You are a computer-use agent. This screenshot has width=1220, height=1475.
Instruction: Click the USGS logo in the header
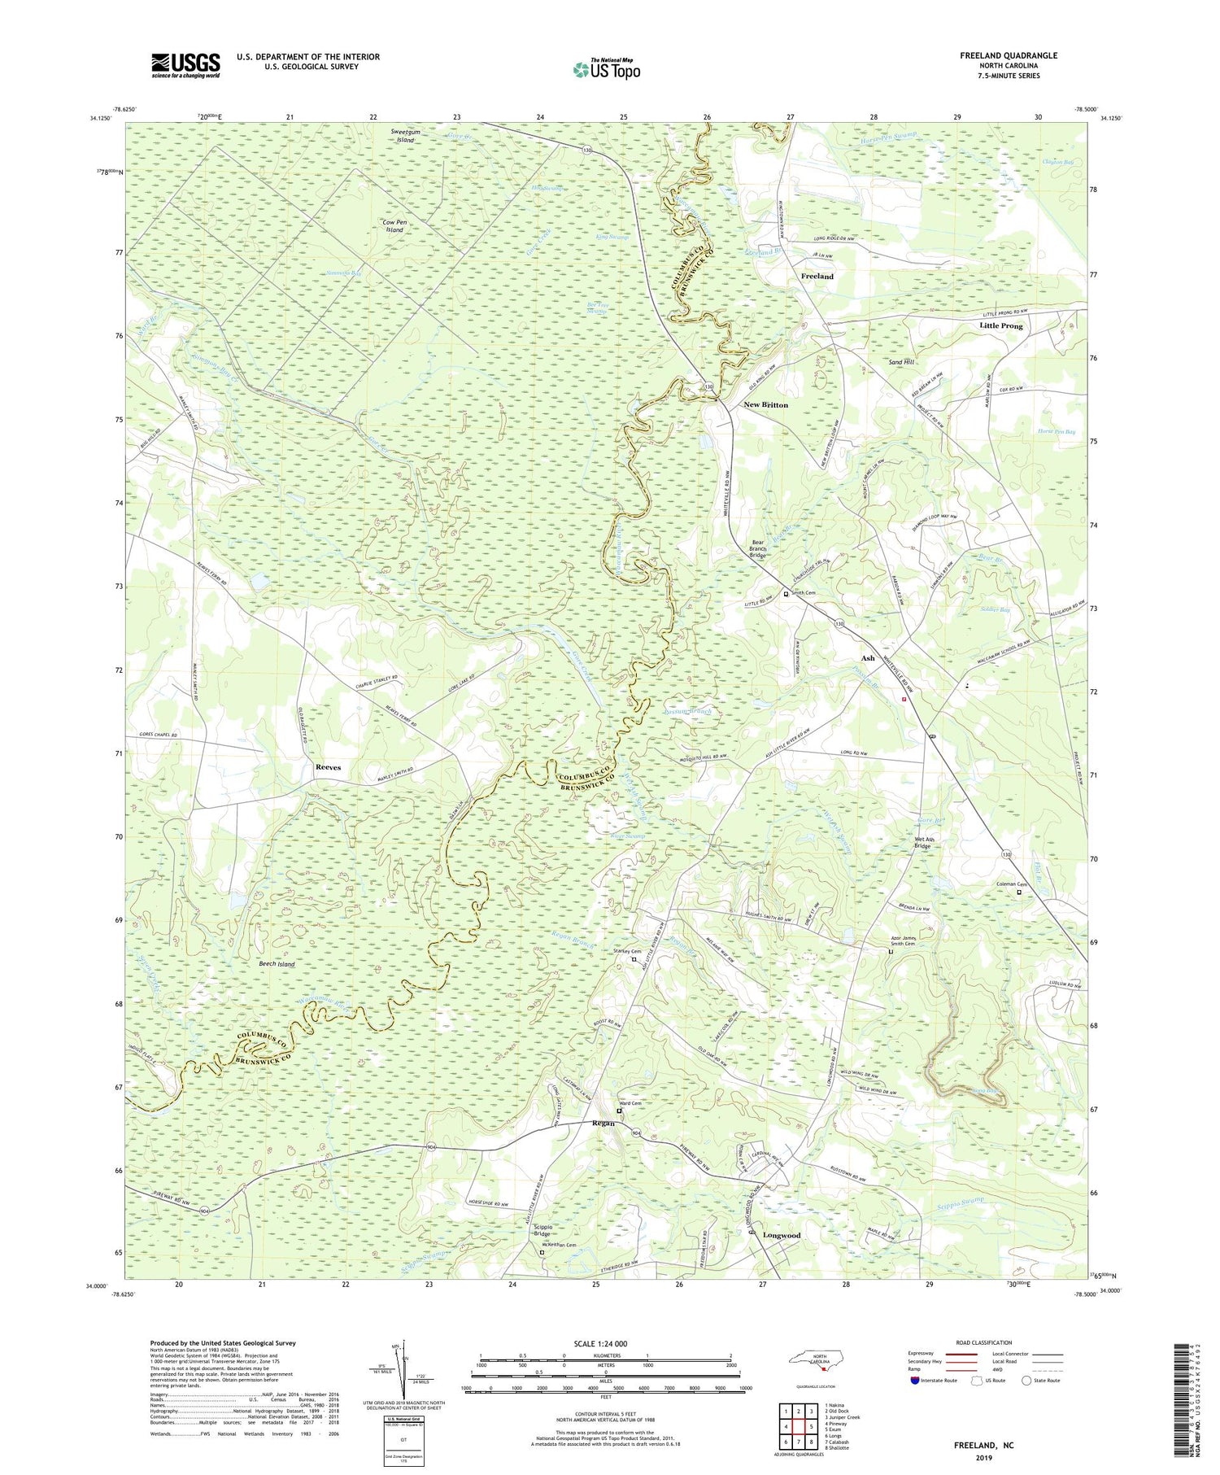(185, 65)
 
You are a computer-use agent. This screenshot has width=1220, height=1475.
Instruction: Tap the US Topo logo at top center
(606, 70)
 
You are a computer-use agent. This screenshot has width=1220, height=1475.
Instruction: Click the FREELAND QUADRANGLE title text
(1008, 55)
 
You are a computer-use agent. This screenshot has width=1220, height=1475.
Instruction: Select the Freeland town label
(817, 277)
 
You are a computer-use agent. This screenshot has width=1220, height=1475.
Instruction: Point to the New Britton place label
(765, 404)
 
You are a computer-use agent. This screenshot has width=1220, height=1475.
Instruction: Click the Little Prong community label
(1000, 325)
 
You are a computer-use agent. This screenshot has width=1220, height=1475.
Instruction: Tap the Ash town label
(868, 657)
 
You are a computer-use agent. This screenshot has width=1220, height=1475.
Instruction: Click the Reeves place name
(328, 767)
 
